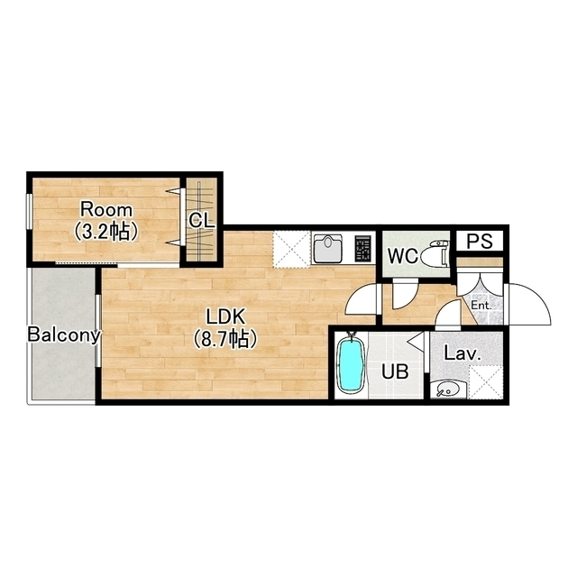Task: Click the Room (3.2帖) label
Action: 106,221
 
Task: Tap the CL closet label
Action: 201,221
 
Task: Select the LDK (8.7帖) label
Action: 225,328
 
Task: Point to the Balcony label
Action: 64,335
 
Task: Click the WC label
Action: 403,256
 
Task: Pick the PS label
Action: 479,242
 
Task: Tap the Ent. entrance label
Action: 481,306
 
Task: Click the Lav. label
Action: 463,353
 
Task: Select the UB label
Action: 395,372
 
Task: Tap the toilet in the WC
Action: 435,255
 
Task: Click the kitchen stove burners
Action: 363,248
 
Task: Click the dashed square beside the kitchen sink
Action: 291,249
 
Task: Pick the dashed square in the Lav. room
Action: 486,382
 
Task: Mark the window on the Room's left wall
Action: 29,211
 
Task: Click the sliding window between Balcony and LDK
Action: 98,331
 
